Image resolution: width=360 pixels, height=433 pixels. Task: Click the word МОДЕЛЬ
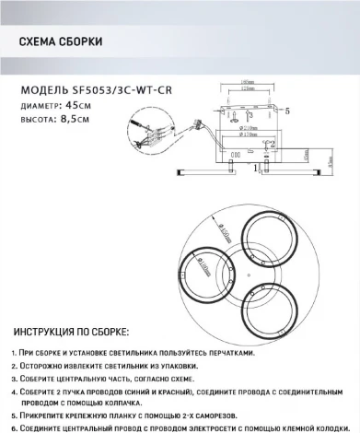click(41, 90)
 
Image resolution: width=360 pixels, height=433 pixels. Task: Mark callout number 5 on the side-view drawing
click(288, 111)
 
